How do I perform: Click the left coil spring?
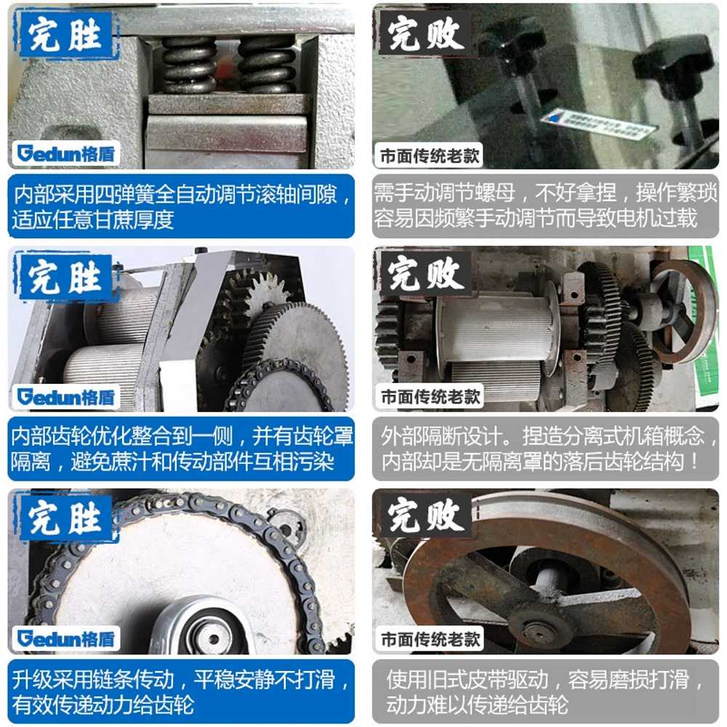pos(188,65)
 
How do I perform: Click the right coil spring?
pos(266,65)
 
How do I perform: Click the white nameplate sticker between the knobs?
pos(598,124)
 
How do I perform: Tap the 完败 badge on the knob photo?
pos(425,33)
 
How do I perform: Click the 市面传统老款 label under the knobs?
pos(430,156)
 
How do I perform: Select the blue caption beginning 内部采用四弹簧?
pos(181,206)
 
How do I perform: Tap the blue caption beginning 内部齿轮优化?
pos(181,449)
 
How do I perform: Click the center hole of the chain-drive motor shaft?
pos(214,639)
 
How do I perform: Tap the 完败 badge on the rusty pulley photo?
pos(425,515)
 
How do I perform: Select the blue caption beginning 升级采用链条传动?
pos(181,691)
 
